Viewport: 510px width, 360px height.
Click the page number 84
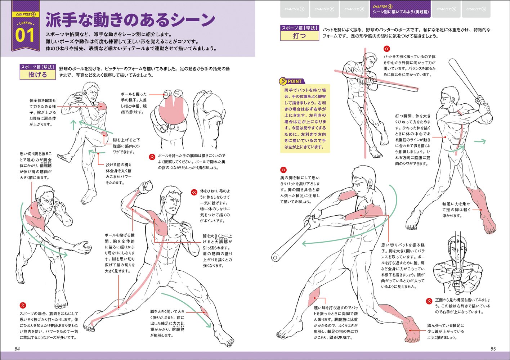click(17, 348)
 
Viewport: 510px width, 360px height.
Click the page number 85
click(493, 348)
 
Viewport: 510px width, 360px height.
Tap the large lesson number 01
click(25, 36)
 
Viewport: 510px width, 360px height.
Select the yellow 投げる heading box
click(38, 75)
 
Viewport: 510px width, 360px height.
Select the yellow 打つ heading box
click(299, 36)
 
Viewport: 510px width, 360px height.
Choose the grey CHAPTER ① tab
click(294, 9)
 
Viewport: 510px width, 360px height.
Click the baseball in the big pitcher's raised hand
click(147, 186)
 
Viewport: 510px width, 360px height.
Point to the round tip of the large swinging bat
click(276, 257)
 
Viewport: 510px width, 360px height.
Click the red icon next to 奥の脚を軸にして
click(283, 170)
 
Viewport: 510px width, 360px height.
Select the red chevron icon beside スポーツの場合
click(23, 305)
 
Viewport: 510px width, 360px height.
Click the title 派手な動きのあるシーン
click(130, 21)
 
